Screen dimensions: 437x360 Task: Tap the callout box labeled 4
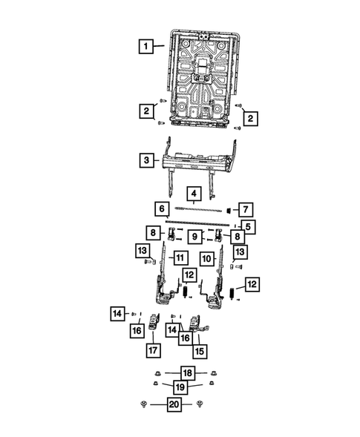193,196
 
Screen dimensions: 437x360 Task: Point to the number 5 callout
249,226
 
